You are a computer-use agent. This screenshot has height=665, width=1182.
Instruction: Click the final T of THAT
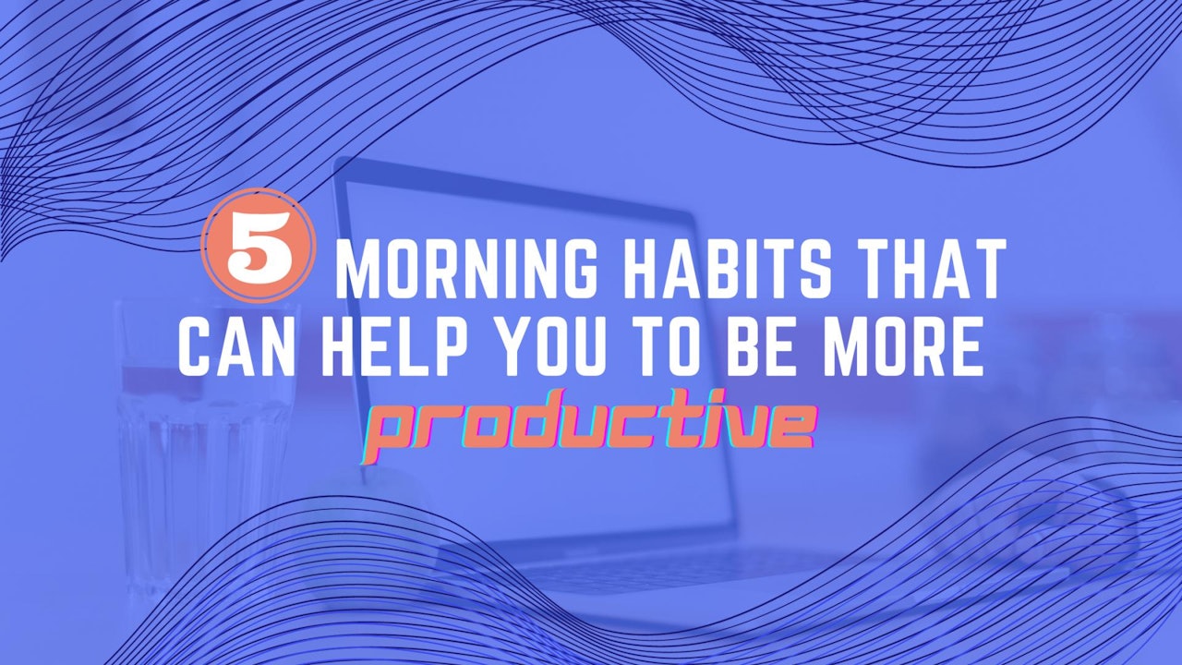[984, 271]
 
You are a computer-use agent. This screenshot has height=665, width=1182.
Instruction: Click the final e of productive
[793, 427]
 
